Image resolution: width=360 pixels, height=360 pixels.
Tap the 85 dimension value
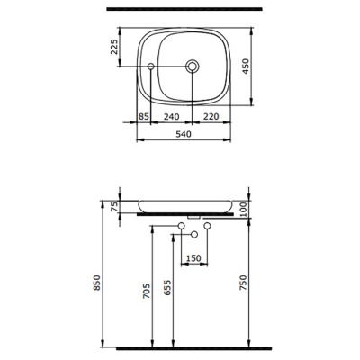pos(144,117)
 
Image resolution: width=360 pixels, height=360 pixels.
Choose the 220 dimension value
pos(211,117)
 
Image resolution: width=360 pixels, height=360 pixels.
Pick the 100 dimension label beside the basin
pos(245,208)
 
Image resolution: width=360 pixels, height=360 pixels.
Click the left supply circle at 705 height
pos(181,225)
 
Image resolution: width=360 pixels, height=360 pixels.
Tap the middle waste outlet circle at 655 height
pos(193,234)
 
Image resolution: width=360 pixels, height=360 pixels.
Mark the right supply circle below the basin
pos(208,225)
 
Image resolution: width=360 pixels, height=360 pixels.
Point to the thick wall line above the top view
pos(183,8)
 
